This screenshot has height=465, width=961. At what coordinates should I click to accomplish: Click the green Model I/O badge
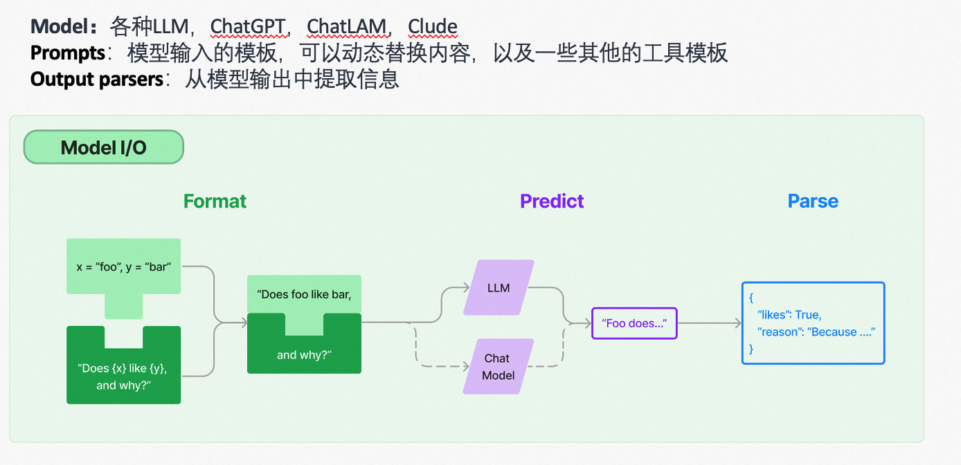point(104,147)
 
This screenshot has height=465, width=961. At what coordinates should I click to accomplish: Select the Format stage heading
point(215,201)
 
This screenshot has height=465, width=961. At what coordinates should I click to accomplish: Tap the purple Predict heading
point(552,201)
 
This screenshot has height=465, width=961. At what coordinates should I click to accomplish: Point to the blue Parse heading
point(813,201)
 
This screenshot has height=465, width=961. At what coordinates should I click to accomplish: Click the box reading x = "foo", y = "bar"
point(123,266)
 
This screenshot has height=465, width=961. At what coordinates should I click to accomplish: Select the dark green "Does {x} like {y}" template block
point(123,376)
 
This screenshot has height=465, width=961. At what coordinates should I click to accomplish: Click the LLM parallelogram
point(499,288)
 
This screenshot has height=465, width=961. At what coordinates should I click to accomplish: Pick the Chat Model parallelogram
point(499,367)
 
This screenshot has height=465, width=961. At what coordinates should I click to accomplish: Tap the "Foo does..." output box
point(634,323)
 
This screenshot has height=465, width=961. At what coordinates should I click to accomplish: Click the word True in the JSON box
point(807,315)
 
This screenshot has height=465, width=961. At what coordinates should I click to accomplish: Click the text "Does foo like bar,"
point(304,294)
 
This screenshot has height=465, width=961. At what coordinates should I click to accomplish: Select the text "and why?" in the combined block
point(304,355)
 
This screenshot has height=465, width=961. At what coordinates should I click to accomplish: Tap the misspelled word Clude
point(432,27)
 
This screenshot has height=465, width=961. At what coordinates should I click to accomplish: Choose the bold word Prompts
point(66,53)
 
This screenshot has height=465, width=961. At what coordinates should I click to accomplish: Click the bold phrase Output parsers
point(96,80)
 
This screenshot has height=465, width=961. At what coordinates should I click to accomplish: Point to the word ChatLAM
point(346,27)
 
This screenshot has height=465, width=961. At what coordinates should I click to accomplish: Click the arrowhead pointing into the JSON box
point(737,323)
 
